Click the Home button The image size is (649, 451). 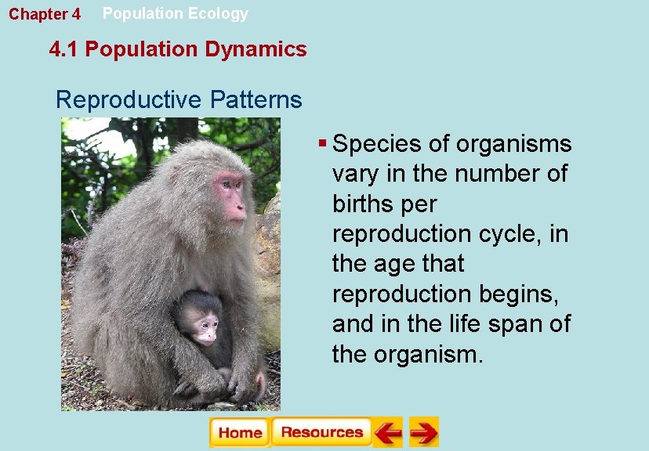click(x=239, y=432)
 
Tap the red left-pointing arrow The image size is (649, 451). click(x=387, y=432)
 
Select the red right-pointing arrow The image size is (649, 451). click(x=424, y=432)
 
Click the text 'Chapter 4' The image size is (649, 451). click(x=45, y=15)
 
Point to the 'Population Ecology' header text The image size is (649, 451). click(x=176, y=13)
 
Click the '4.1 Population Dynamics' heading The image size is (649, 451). click(x=178, y=49)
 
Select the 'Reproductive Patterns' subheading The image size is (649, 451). click(x=179, y=100)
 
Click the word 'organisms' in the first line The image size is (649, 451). click(x=514, y=144)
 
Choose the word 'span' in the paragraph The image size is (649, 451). click(x=520, y=323)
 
